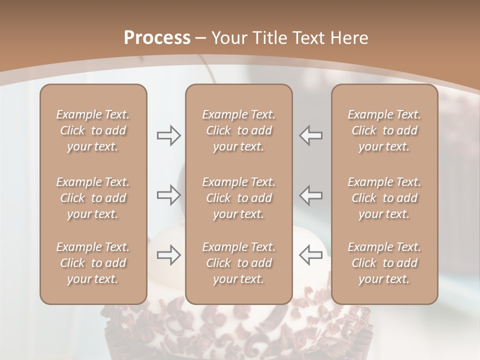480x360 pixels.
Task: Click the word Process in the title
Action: tap(157, 38)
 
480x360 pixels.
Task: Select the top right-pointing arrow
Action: tap(168, 135)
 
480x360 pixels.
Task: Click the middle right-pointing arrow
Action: tap(168, 195)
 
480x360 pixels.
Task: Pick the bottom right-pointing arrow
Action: tap(168, 255)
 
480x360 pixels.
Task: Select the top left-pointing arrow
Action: tap(310, 135)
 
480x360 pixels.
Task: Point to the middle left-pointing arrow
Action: tap(310, 195)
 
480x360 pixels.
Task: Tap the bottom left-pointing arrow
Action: tap(310, 255)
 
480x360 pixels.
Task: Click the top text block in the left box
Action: tap(93, 130)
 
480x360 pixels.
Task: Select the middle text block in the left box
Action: tap(93, 198)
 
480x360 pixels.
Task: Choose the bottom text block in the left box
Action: tap(93, 263)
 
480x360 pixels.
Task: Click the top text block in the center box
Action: tap(238, 130)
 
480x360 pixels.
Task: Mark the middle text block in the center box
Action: tap(238, 198)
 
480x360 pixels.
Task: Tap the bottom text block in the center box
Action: tap(238, 263)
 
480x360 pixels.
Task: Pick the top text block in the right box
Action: tap(384, 130)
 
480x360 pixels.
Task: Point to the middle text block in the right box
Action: tap(384, 198)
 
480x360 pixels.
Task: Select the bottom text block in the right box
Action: tap(384, 263)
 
